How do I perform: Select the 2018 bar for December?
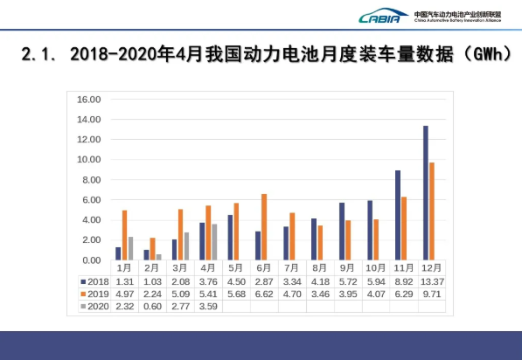[x=425, y=193]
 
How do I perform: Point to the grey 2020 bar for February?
[x=158, y=257]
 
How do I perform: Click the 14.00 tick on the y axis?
[x=90, y=120]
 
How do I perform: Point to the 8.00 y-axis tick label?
[x=90, y=180]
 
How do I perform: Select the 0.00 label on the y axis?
[x=90, y=260]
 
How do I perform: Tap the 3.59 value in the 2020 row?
[x=207, y=308]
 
